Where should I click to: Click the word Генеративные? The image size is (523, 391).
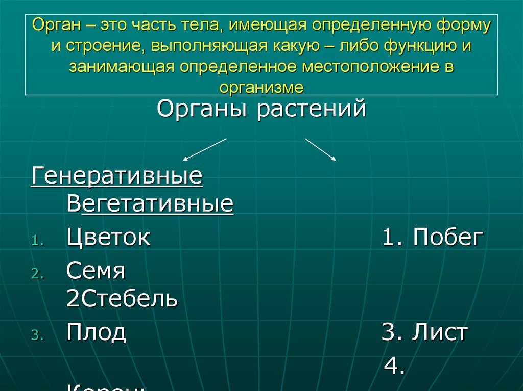point(117,177)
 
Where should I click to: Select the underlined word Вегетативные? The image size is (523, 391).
point(150,205)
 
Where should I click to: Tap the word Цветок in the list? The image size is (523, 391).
point(108,237)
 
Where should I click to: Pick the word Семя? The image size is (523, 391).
point(96,271)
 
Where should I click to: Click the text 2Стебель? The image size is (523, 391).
point(122,299)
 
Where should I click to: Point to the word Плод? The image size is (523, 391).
point(96,332)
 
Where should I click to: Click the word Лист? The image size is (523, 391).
point(440,332)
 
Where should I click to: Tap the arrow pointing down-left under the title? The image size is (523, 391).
point(204,149)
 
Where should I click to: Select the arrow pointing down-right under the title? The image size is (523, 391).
point(321,149)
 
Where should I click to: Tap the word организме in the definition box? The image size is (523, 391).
point(261,87)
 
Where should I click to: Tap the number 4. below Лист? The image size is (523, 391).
point(395,366)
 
